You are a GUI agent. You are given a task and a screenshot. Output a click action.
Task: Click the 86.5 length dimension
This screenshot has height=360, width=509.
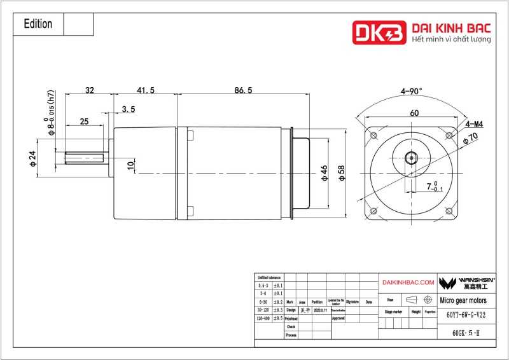(243, 91)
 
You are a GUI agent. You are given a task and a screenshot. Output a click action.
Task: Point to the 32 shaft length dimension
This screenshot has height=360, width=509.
(90, 91)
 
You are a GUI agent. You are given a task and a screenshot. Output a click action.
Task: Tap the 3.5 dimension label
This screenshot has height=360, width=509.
(128, 109)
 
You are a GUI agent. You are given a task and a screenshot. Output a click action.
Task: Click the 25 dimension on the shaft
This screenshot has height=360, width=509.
(83, 121)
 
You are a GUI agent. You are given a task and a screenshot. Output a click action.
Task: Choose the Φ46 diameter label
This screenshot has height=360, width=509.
(324, 173)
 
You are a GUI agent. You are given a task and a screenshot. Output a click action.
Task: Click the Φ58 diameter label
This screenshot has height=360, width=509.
(342, 173)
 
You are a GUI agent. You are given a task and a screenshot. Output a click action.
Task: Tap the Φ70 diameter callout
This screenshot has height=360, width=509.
(471, 138)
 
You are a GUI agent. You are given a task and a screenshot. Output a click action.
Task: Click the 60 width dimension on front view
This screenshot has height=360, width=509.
(414, 113)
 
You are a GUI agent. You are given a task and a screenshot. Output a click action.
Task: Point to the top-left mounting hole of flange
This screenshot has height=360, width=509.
(373, 135)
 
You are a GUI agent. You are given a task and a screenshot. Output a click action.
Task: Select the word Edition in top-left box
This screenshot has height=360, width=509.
(38, 24)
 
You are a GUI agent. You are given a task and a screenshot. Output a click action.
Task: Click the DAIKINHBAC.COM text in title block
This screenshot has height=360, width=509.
(408, 282)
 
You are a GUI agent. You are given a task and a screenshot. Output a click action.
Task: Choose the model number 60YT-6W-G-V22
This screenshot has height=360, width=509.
(466, 315)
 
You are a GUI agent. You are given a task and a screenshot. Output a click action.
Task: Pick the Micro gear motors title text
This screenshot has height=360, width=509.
(464, 300)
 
